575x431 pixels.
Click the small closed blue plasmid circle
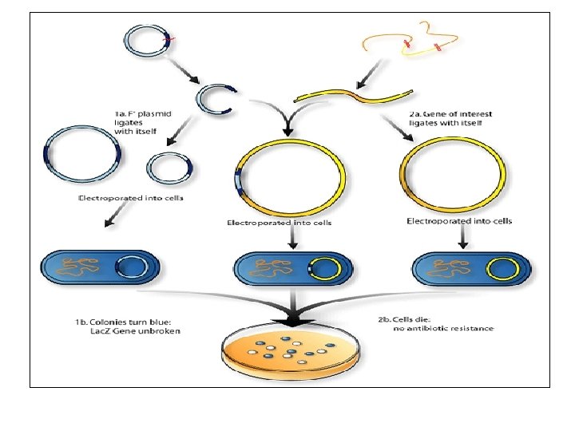pyautogui.click(x=169, y=168)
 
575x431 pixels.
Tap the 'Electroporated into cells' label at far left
pyautogui.click(x=131, y=197)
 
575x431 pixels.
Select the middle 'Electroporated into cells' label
pyautogui.click(x=280, y=223)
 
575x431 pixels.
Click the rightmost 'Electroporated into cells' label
pyautogui.click(x=459, y=220)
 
